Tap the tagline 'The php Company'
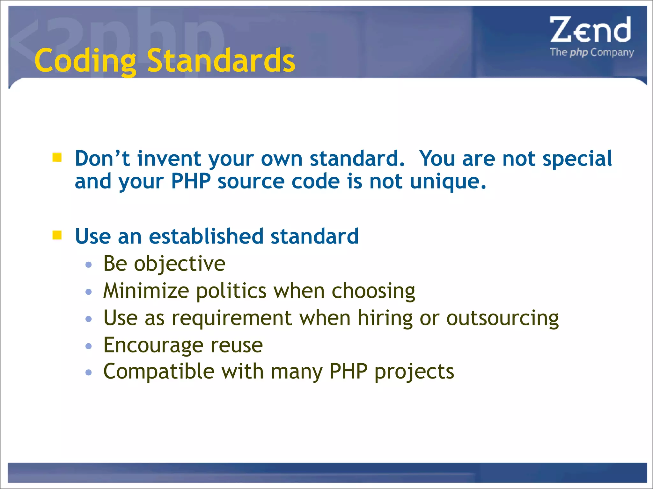(x=592, y=52)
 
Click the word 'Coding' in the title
(x=85, y=60)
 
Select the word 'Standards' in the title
(x=221, y=60)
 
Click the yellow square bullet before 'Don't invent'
(x=57, y=157)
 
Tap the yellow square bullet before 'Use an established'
(x=57, y=235)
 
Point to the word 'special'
(x=577, y=159)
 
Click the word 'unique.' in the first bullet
(x=448, y=181)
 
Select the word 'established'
(x=206, y=236)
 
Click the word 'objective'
(x=180, y=264)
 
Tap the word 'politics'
(x=231, y=291)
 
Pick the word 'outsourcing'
(x=503, y=318)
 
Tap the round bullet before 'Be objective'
(x=89, y=265)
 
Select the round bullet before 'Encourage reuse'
(x=89, y=346)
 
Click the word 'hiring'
(x=385, y=318)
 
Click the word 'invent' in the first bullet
(x=169, y=159)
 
